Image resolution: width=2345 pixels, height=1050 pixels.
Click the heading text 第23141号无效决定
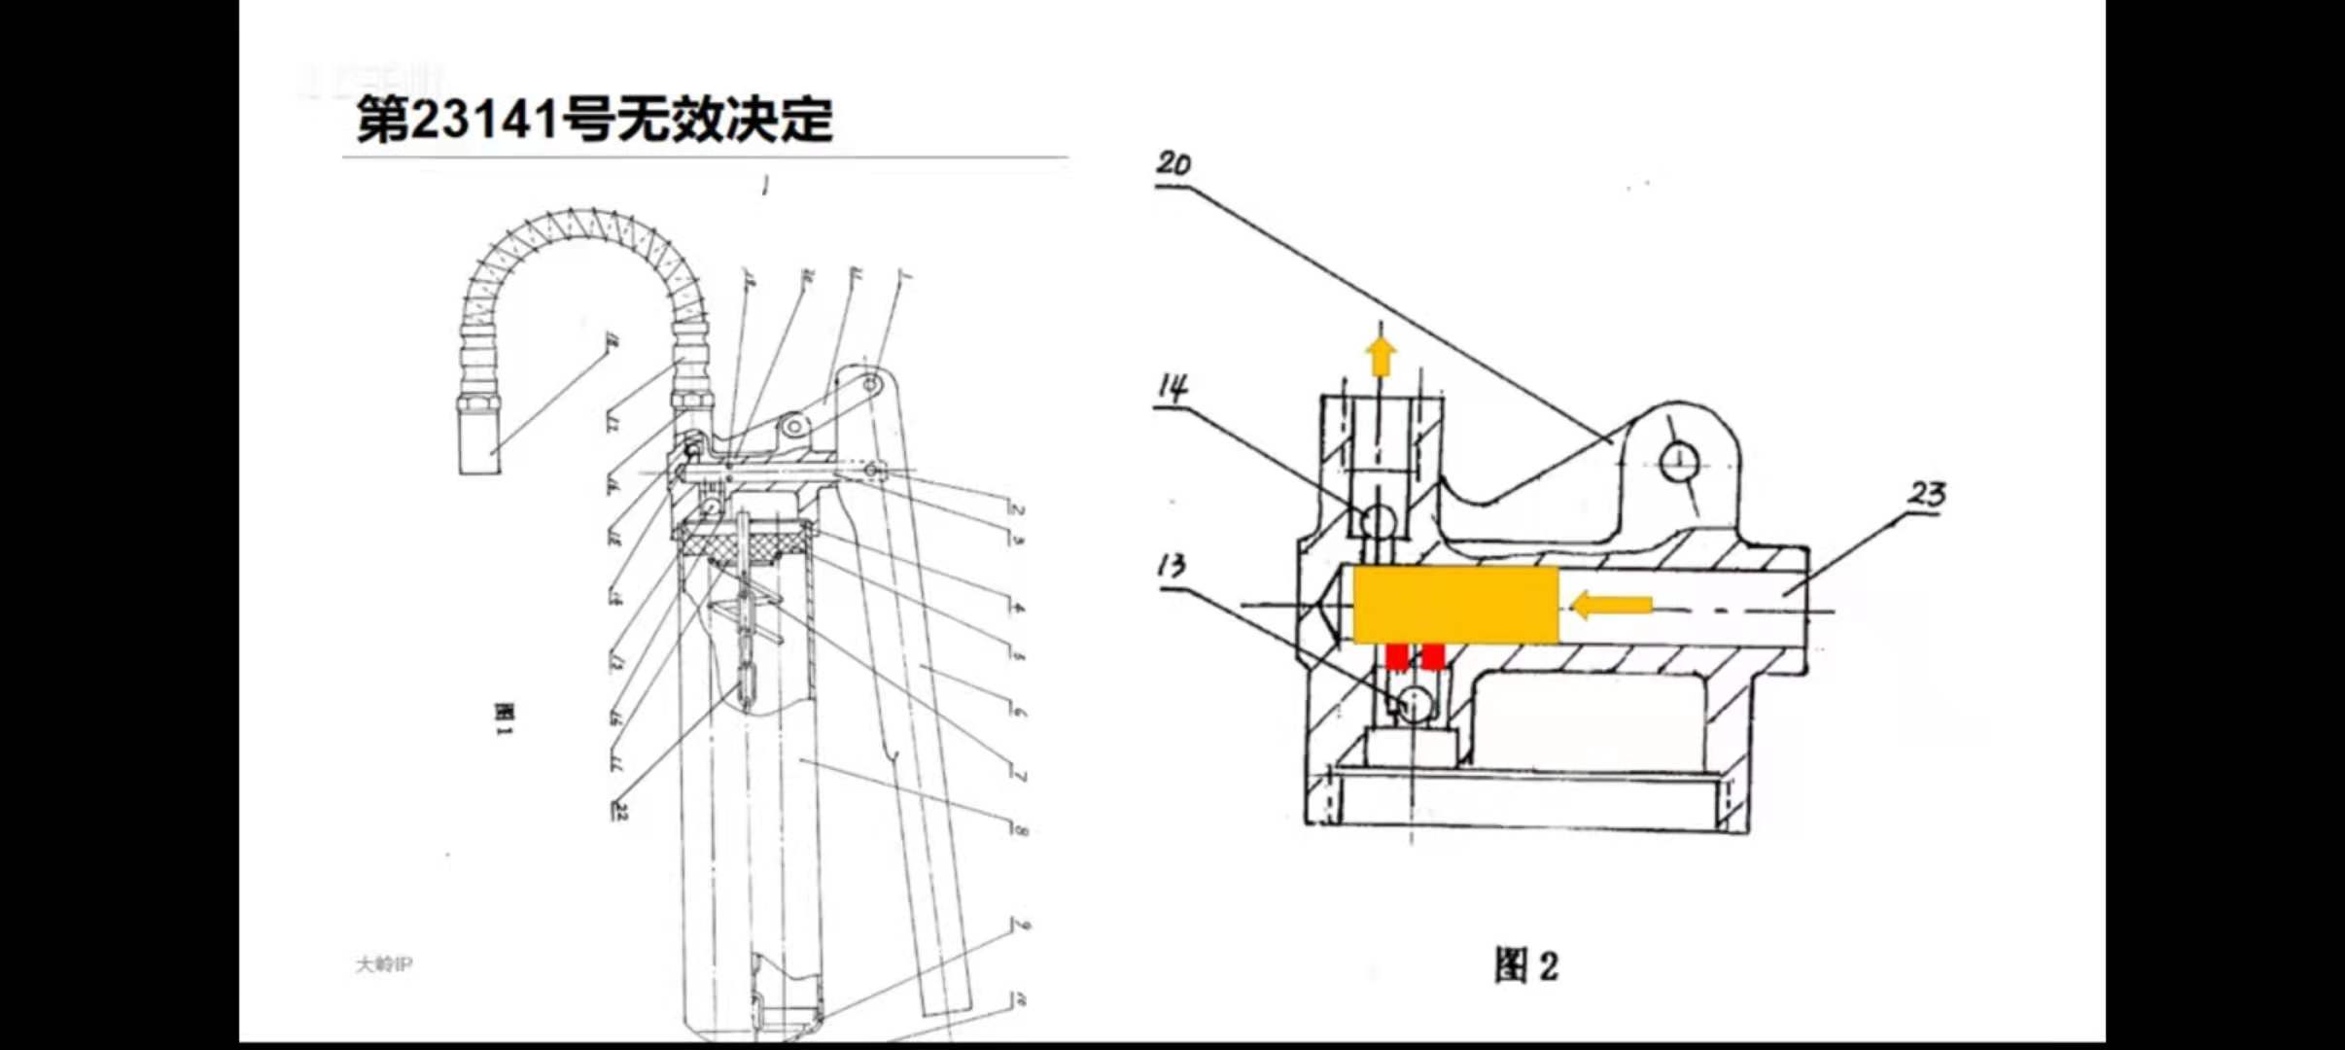pyautogui.click(x=594, y=120)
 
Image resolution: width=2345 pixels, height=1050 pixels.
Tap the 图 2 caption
pyautogui.click(x=1525, y=965)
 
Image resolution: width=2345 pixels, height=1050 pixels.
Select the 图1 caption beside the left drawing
pyautogui.click(x=503, y=719)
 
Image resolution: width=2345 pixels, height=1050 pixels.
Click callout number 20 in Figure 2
pyautogui.click(x=1173, y=162)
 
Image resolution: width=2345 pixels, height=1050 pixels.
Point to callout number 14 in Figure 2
pyautogui.click(x=1173, y=388)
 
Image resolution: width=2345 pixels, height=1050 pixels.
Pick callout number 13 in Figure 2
pyautogui.click(x=1172, y=565)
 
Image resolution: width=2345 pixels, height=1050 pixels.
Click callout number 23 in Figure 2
pyautogui.click(x=1926, y=494)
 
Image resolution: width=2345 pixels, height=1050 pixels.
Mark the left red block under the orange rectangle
pyautogui.click(x=1396, y=657)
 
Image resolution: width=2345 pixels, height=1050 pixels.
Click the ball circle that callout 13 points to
pyautogui.click(x=1415, y=702)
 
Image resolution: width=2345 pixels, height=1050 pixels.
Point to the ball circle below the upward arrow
pyautogui.click(x=1378, y=521)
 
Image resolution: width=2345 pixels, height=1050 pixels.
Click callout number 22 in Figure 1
pyautogui.click(x=619, y=810)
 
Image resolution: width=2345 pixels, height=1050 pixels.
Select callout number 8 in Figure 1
pyautogui.click(x=1019, y=829)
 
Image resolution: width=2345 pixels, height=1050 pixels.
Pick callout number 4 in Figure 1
pyautogui.click(x=1017, y=608)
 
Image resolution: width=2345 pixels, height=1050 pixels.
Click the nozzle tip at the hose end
pyautogui.click(x=479, y=443)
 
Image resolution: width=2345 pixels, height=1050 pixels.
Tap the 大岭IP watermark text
pyautogui.click(x=384, y=964)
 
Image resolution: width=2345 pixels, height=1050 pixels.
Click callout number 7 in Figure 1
pyautogui.click(x=1019, y=776)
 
